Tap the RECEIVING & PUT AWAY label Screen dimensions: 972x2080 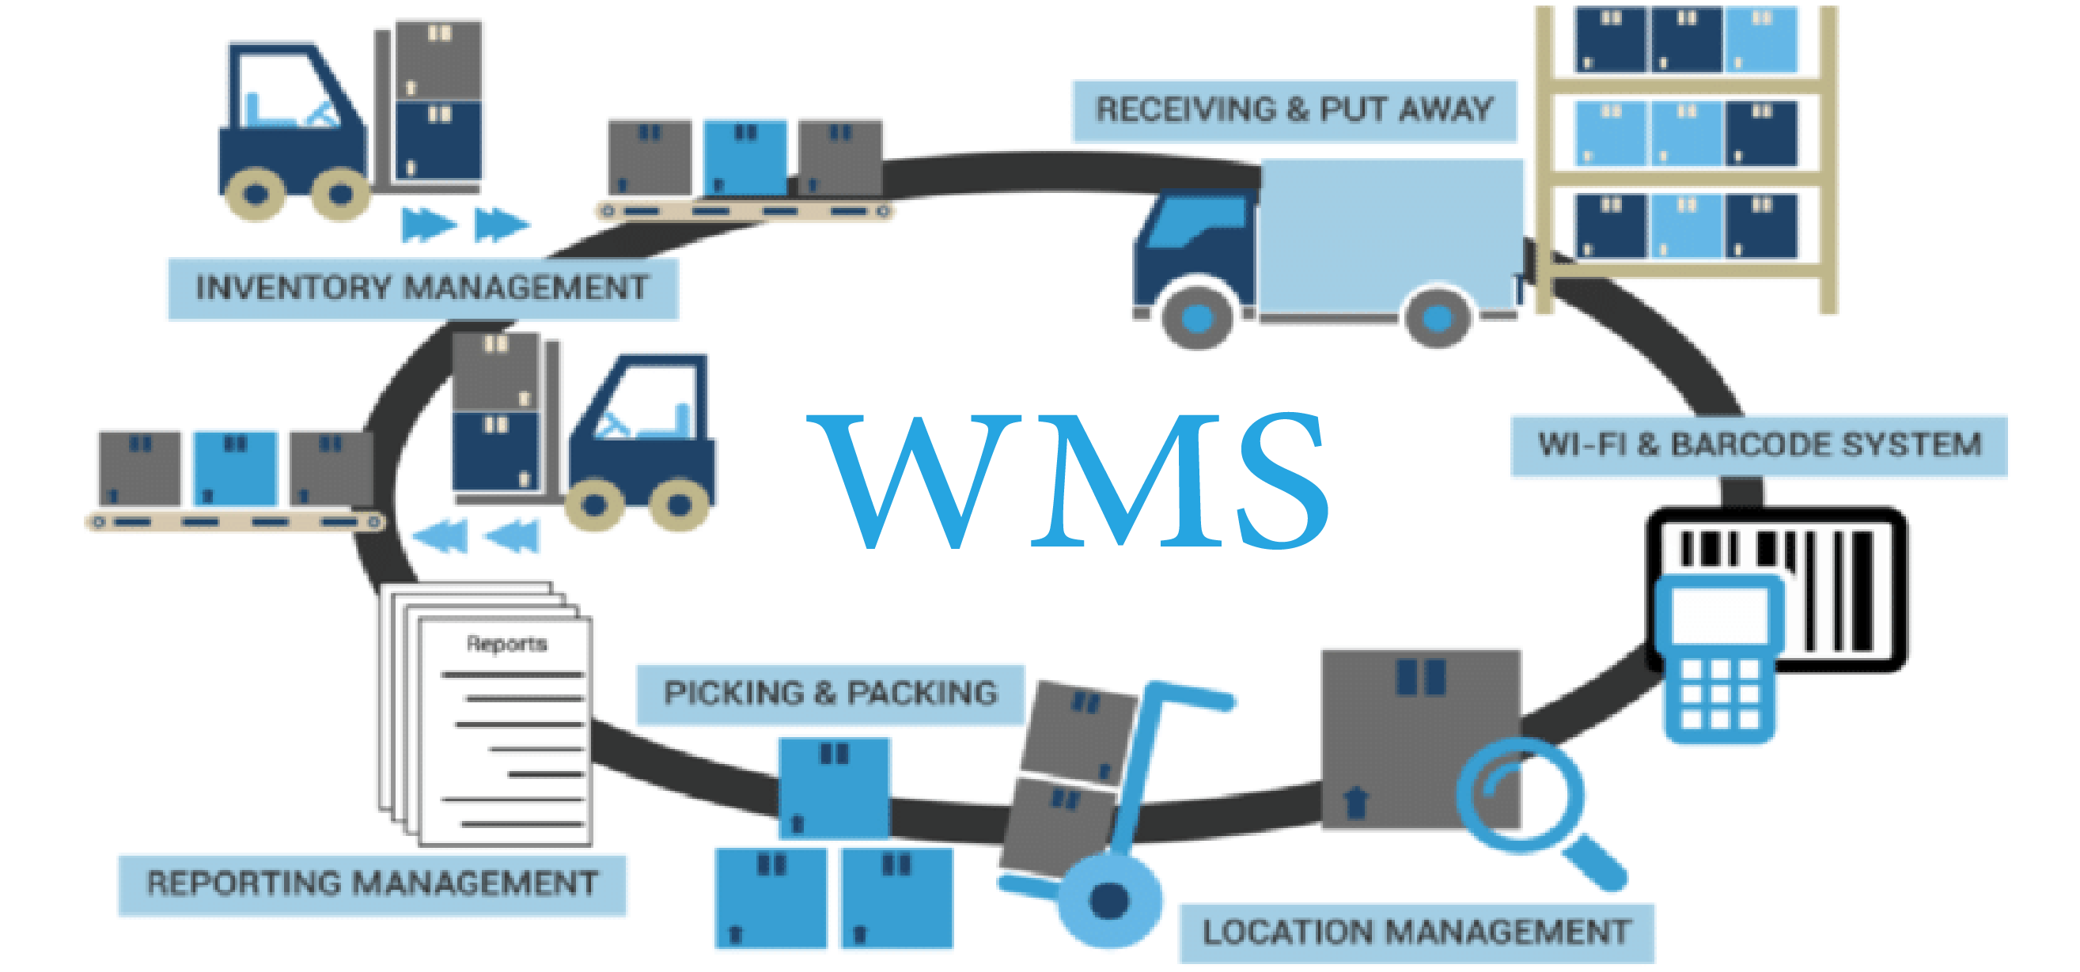[1294, 111]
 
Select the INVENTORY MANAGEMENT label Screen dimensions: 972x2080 [422, 288]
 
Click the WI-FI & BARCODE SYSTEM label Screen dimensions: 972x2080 [1759, 445]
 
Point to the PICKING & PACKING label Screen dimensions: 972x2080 [830, 694]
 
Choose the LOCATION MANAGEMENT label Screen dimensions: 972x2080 [1416, 932]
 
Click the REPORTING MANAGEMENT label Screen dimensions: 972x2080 [371, 883]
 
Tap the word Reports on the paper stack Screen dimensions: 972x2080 [507, 644]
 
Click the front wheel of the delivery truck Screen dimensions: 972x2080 [1198, 317]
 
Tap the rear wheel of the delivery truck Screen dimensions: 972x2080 [1437, 317]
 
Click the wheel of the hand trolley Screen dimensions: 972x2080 [1108, 900]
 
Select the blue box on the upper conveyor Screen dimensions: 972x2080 [744, 157]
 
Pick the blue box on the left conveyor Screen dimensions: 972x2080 [235, 468]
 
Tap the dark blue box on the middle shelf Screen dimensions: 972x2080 [1761, 134]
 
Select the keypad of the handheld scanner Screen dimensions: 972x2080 [1719, 694]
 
